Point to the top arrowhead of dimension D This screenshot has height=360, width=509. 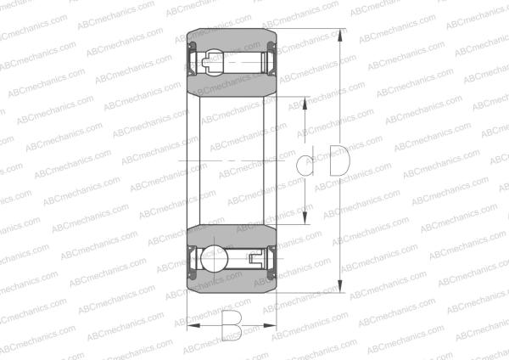point(341,36)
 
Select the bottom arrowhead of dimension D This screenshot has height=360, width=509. point(341,289)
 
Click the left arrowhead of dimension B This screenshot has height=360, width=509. point(189,325)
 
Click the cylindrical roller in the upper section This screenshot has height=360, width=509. point(241,61)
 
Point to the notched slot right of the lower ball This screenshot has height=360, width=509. point(254,257)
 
